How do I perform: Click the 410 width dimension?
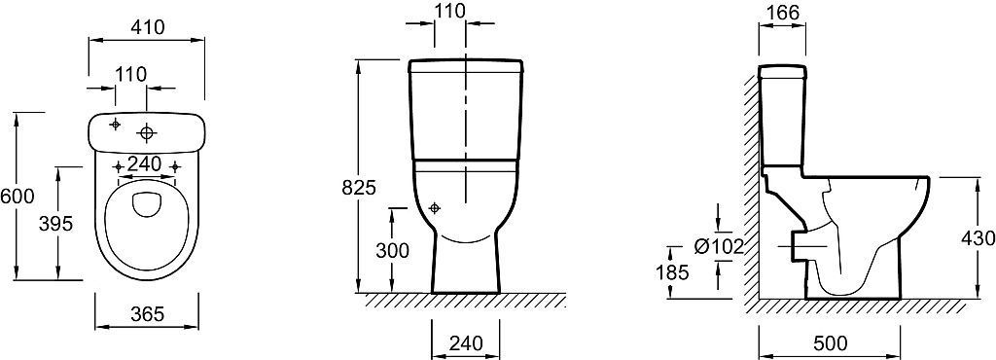coord(146,27)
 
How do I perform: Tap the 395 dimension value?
coord(56,224)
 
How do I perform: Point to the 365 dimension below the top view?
coord(146,313)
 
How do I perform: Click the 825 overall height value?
coord(360,188)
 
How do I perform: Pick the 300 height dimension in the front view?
coord(392,251)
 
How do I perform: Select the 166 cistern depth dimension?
coord(782,12)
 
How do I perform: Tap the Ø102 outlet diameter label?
coord(719,246)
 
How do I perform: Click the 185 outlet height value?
coord(673,272)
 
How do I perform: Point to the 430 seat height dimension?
coord(978,238)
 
